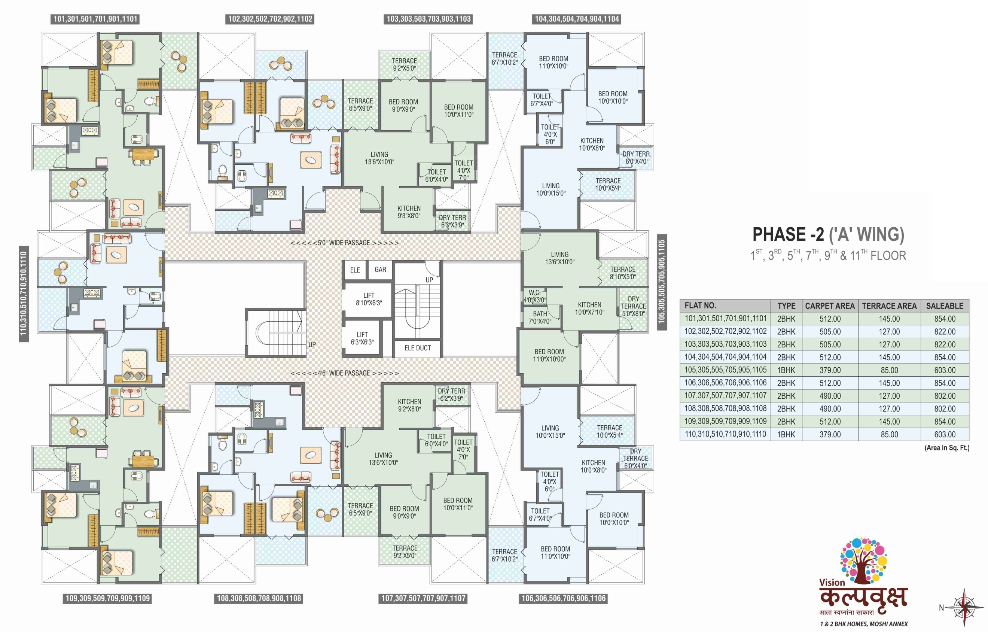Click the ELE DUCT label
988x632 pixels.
(417, 348)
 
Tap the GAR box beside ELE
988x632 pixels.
(380, 270)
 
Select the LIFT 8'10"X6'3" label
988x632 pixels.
(369, 299)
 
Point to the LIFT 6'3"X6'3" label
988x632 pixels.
(362, 338)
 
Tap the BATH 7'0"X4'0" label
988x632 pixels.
(540, 317)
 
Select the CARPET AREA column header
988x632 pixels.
(830, 306)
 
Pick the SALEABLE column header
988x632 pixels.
(945, 306)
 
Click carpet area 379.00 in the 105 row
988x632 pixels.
(830, 370)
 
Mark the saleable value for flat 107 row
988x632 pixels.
(945, 396)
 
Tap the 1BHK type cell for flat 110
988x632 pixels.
(786, 435)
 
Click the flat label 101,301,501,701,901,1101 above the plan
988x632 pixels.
(95, 19)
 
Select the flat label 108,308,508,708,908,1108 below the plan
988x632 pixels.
(259, 598)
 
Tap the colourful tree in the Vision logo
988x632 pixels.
(863, 560)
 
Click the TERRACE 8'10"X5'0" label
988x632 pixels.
(622, 273)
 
